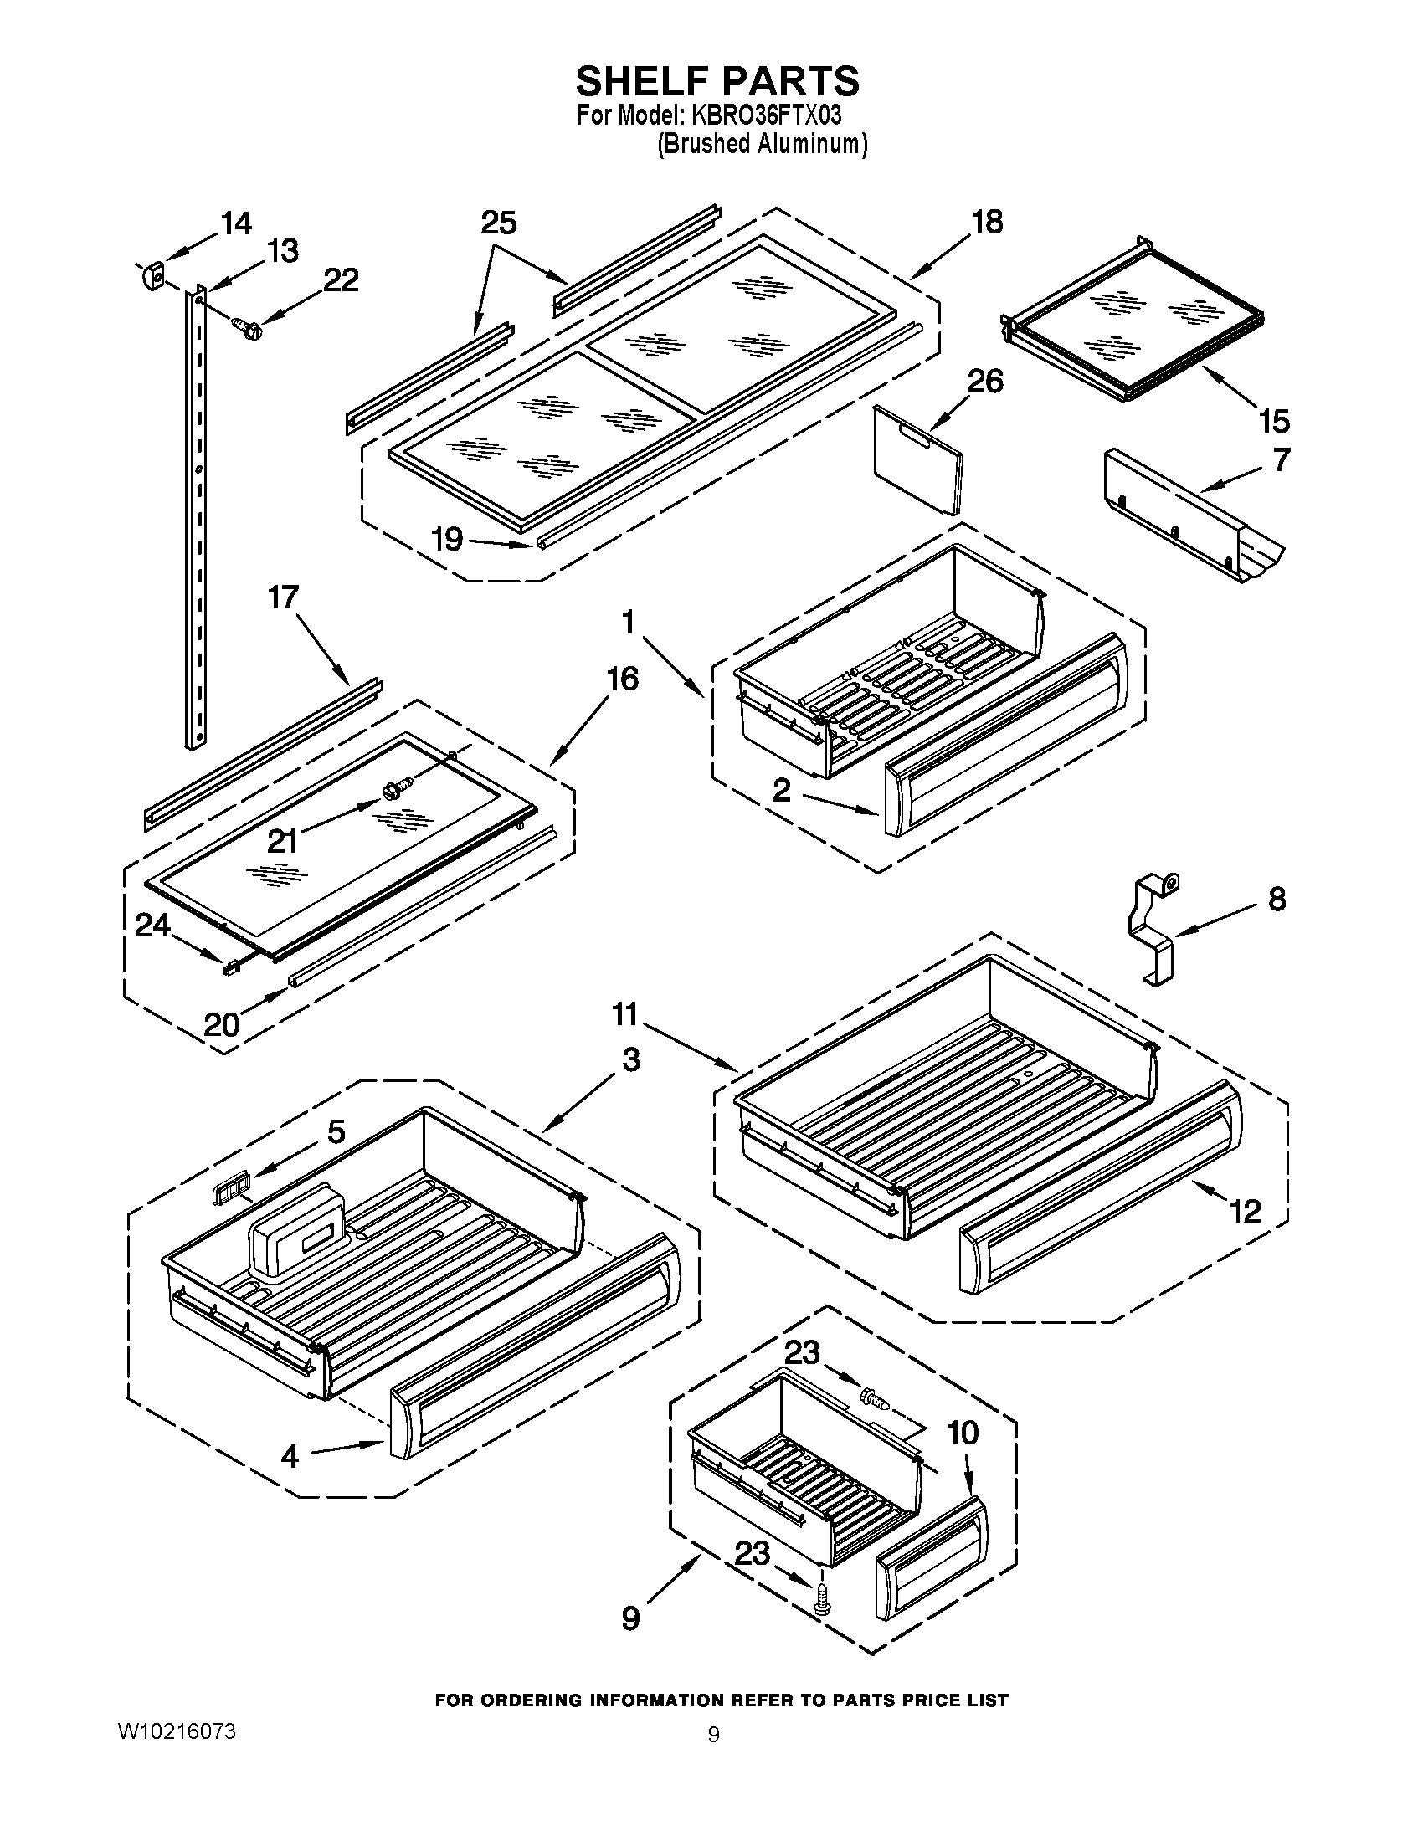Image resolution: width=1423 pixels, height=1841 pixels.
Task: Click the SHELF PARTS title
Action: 717,81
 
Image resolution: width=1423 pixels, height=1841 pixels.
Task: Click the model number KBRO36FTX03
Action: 767,115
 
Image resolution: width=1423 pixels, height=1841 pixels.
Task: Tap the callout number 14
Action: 236,223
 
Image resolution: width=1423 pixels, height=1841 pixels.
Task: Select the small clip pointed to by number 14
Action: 153,274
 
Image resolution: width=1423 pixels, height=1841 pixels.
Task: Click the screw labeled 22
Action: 248,326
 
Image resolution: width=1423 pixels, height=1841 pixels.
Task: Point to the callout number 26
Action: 984,382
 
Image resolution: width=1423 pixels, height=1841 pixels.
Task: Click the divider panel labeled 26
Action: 917,459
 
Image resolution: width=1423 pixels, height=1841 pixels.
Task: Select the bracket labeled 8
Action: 1153,927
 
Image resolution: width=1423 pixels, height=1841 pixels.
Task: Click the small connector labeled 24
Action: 229,969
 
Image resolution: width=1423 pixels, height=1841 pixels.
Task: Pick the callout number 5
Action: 336,1131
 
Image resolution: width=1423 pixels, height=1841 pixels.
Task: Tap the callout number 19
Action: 447,538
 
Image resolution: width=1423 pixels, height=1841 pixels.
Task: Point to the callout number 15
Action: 1273,420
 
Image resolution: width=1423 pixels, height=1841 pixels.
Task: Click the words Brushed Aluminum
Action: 762,144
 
